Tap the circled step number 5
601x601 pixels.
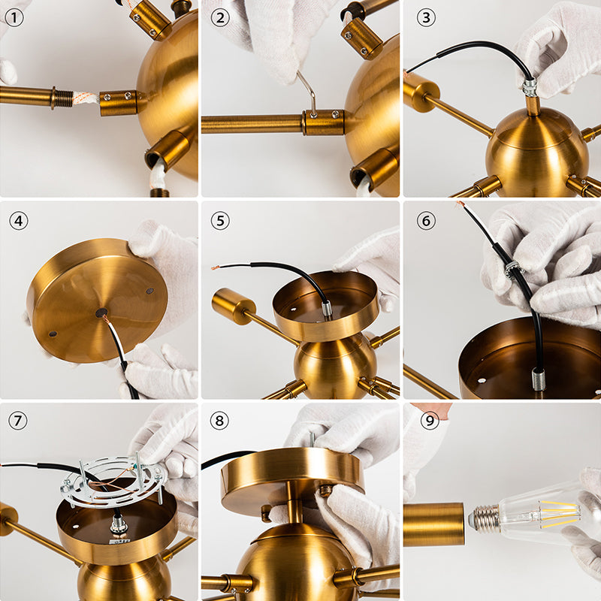coord(219,220)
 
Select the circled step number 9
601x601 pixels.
coord(429,421)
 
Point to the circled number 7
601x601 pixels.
coord(17,421)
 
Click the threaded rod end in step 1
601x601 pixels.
coord(63,98)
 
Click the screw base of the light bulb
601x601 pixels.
coord(485,517)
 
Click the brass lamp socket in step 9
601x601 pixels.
coord(433,524)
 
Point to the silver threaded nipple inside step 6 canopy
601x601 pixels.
coord(539,379)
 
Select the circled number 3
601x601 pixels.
coord(427,17)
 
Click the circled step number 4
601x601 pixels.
coord(17,220)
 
